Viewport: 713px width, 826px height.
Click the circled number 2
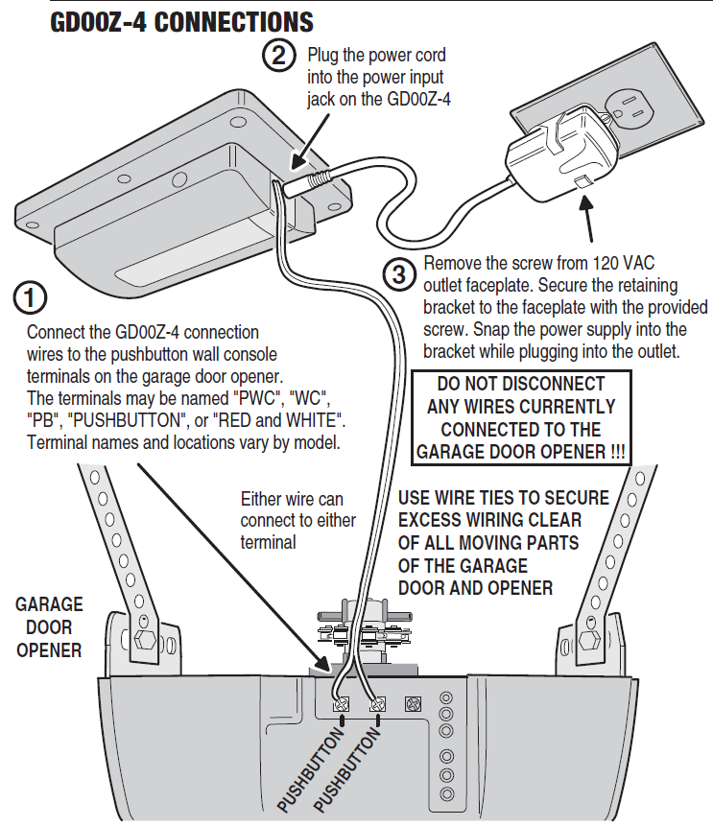click(x=277, y=56)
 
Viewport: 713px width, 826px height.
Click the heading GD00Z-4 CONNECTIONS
click(x=181, y=21)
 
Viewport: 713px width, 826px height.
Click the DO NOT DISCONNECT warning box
click(x=521, y=417)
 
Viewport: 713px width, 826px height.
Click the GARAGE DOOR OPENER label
click(x=48, y=627)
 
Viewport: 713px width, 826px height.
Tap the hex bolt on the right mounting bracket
click(x=587, y=639)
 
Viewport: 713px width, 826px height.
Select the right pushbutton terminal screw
click(x=377, y=704)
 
